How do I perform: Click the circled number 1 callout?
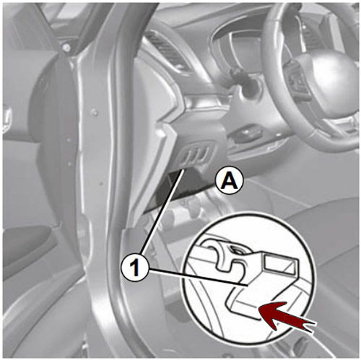[136, 267]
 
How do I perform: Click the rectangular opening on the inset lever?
[279, 263]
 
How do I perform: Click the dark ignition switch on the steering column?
[243, 79]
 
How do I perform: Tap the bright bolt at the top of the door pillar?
[66, 48]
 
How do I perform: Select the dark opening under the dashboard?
[183, 185]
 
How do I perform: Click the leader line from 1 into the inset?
[198, 277]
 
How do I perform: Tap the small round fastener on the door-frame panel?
[95, 113]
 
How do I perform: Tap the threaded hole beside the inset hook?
[237, 250]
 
